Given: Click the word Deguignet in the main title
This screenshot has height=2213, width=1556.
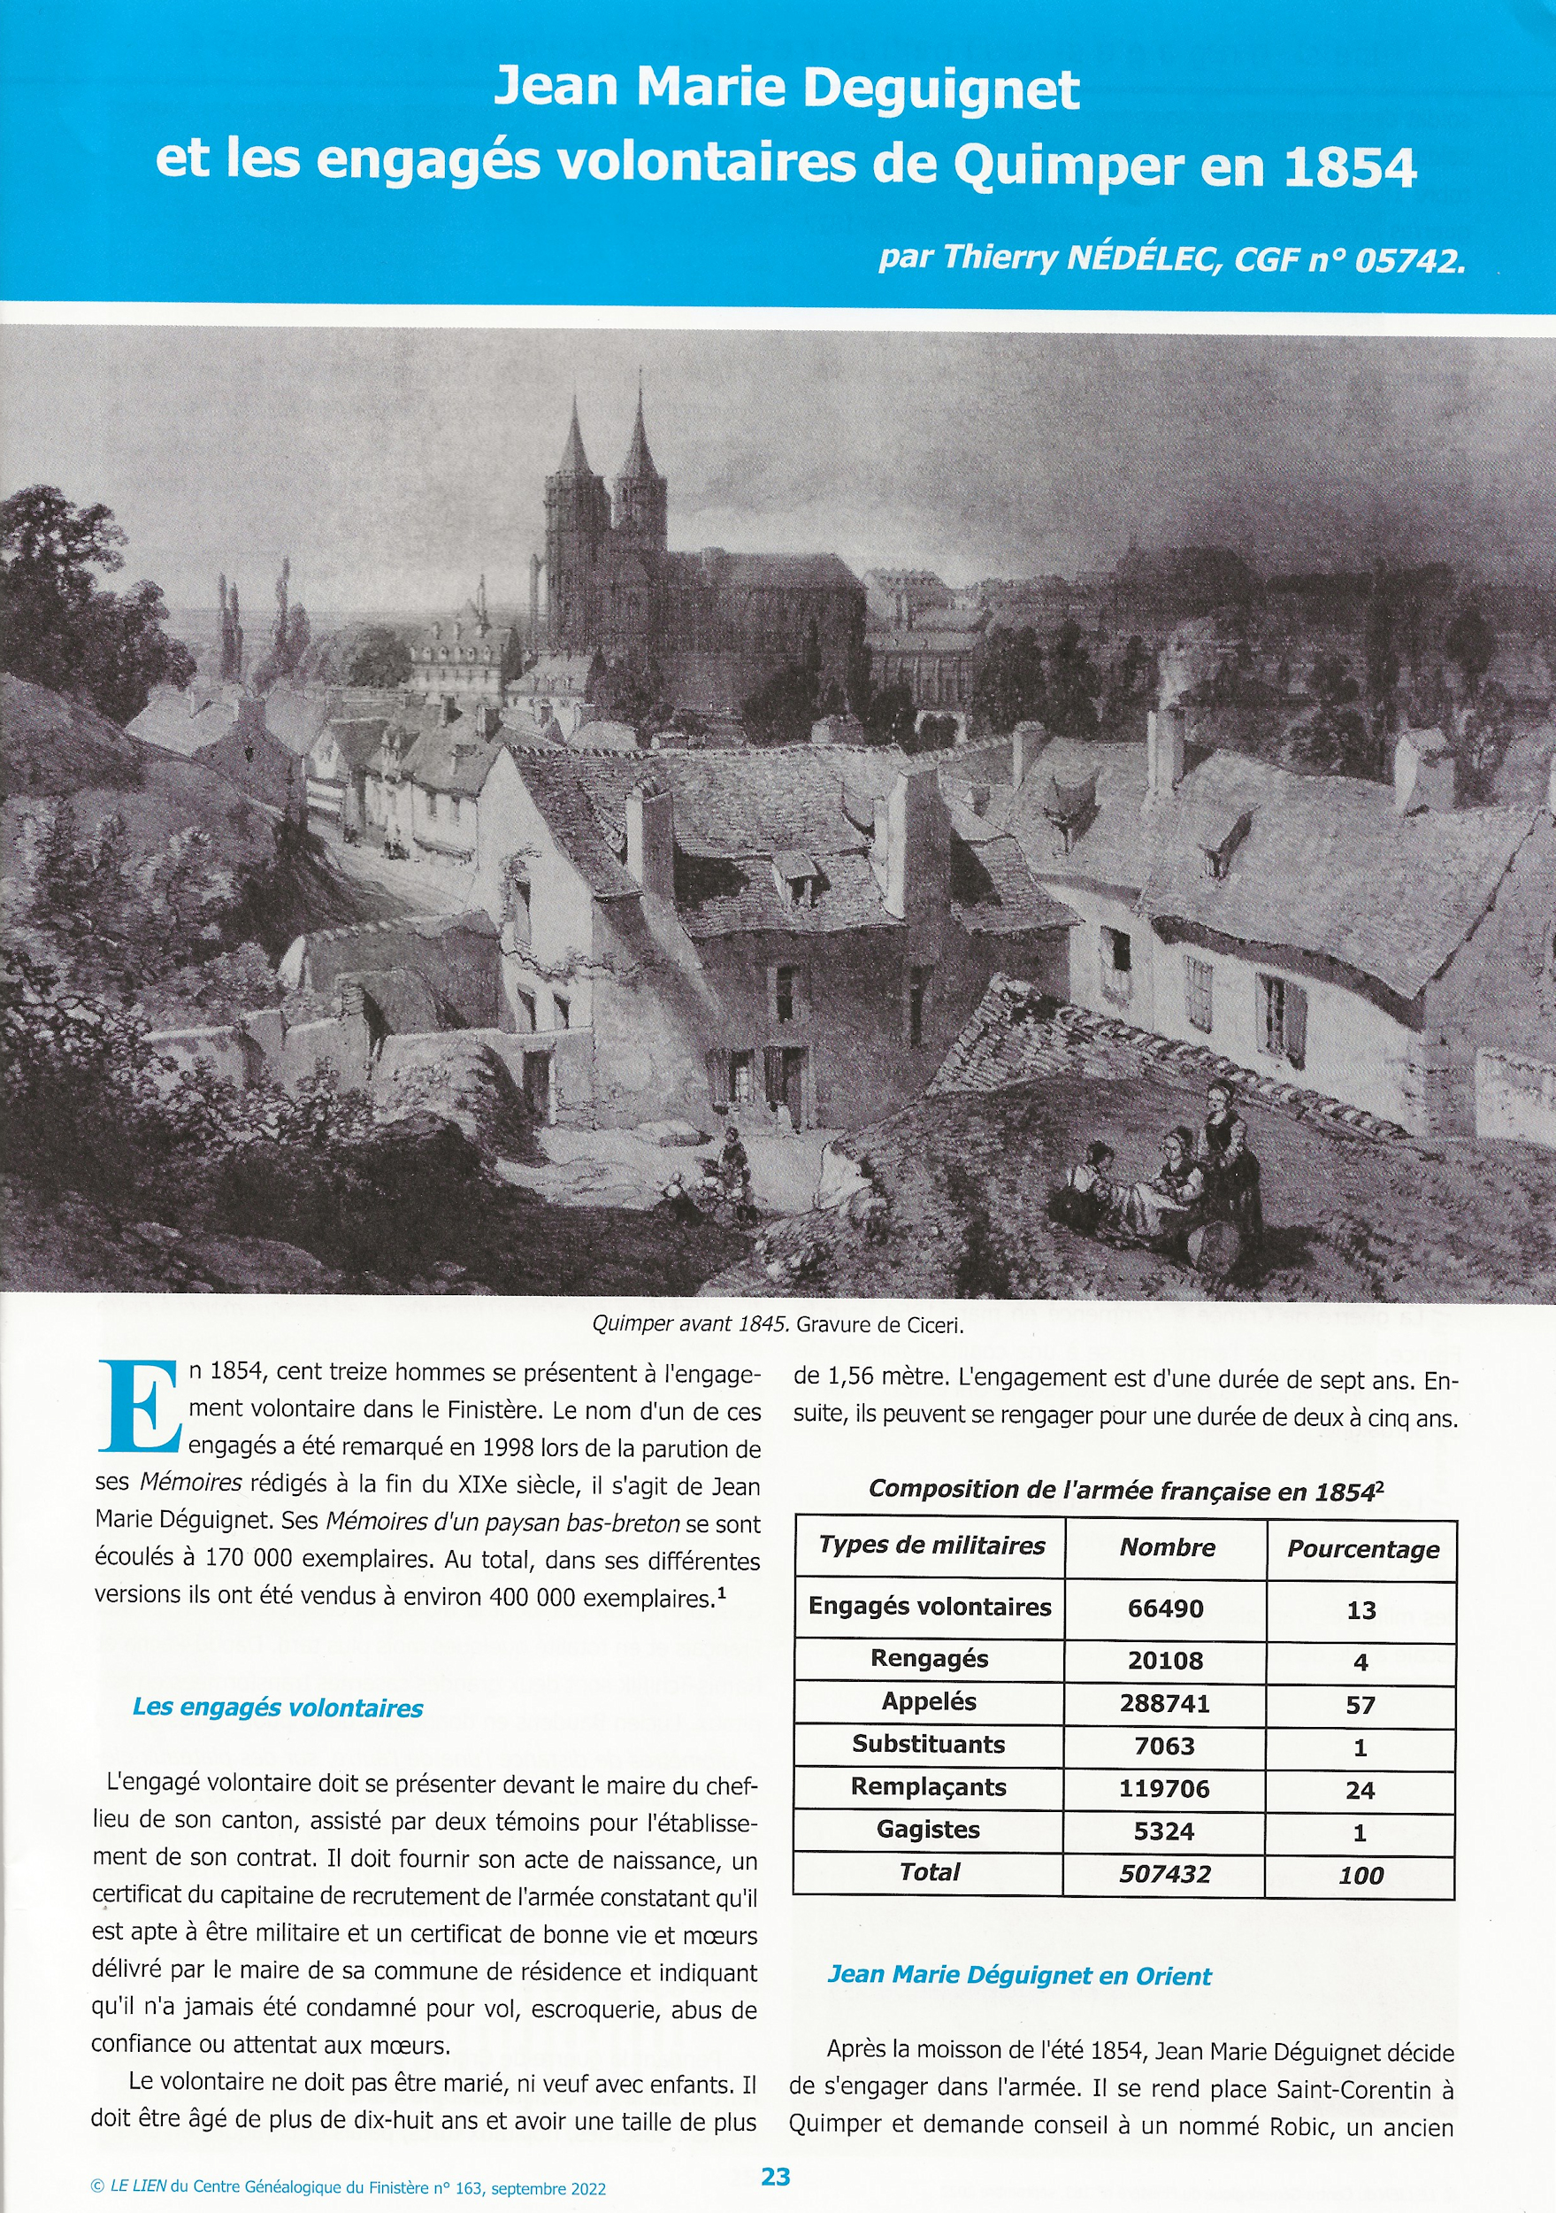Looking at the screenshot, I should pyautogui.click(x=940, y=89).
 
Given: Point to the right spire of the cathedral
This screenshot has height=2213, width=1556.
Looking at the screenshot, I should pyautogui.click(x=638, y=434).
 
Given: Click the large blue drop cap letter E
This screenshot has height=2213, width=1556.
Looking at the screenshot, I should pyautogui.click(x=139, y=1406).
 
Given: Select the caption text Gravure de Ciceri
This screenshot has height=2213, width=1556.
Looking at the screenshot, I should pyautogui.click(x=878, y=1324).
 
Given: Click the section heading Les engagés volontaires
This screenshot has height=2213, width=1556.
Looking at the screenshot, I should pyautogui.click(x=278, y=1707).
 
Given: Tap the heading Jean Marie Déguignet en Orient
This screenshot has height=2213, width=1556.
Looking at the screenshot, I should pyautogui.click(x=1018, y=1975).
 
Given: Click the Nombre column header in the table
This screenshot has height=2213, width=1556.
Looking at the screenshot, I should pyautogui.click(x=1166, y=1547).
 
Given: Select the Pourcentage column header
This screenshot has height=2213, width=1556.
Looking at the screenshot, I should pyautogui.click(x=1362, y=1549).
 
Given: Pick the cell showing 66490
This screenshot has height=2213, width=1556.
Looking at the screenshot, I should pyautogui.click(x=1165, y=1608).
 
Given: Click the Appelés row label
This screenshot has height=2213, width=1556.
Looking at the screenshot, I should pyautogui.click(x=929, y=1701).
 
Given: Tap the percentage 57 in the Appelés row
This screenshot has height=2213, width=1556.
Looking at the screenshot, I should pyautogui.click(x=1360, y=1705).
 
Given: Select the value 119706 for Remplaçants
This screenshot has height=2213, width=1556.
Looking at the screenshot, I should pyautogui.click(x=1163, y=1789).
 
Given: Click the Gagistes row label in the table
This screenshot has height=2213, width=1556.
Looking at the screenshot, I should pyautogui.click(x=927, y=1830).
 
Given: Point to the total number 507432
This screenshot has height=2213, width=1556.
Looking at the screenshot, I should pyautogui.click(x=1164, y=1874).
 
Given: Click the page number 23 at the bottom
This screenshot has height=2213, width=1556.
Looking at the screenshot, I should pyautogui.click(x=775, y=2176).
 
